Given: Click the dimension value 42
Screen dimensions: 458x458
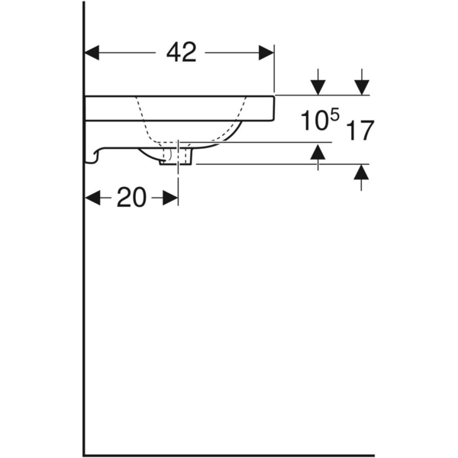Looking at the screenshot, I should tap(181, 53).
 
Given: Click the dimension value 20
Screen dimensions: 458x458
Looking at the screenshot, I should tap(131, 198).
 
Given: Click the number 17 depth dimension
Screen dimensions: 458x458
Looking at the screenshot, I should tap(360, 131).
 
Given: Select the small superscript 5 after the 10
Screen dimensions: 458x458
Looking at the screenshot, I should tap(334, 115).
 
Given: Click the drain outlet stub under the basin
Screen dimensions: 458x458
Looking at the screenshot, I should tap(176, 156).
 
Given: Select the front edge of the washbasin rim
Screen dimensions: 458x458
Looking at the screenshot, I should tap(273, 108).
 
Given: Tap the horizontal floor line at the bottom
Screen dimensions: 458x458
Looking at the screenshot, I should tap(229, 456).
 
